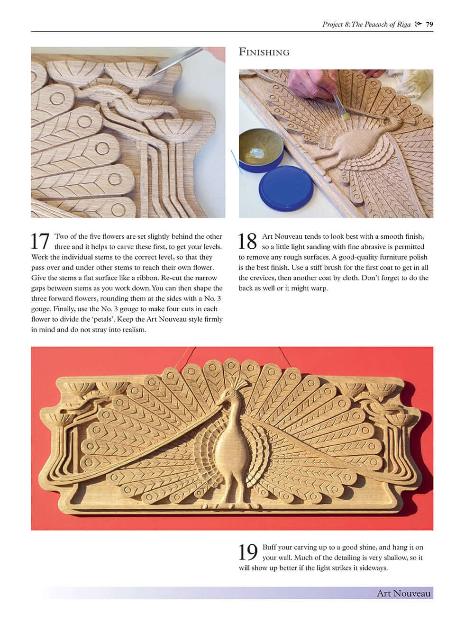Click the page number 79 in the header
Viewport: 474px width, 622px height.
pos(429,25)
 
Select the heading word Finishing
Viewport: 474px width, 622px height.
pos(264,52)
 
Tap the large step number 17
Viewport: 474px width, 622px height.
pos(40,241)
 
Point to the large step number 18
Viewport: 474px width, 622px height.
pos(247,241)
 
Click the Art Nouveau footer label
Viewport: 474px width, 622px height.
pos(403,594)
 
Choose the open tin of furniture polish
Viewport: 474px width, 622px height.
pos(260,150)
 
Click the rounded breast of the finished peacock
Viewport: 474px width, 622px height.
pos(232,450)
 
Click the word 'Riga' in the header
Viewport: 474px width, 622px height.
pos(402,25)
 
